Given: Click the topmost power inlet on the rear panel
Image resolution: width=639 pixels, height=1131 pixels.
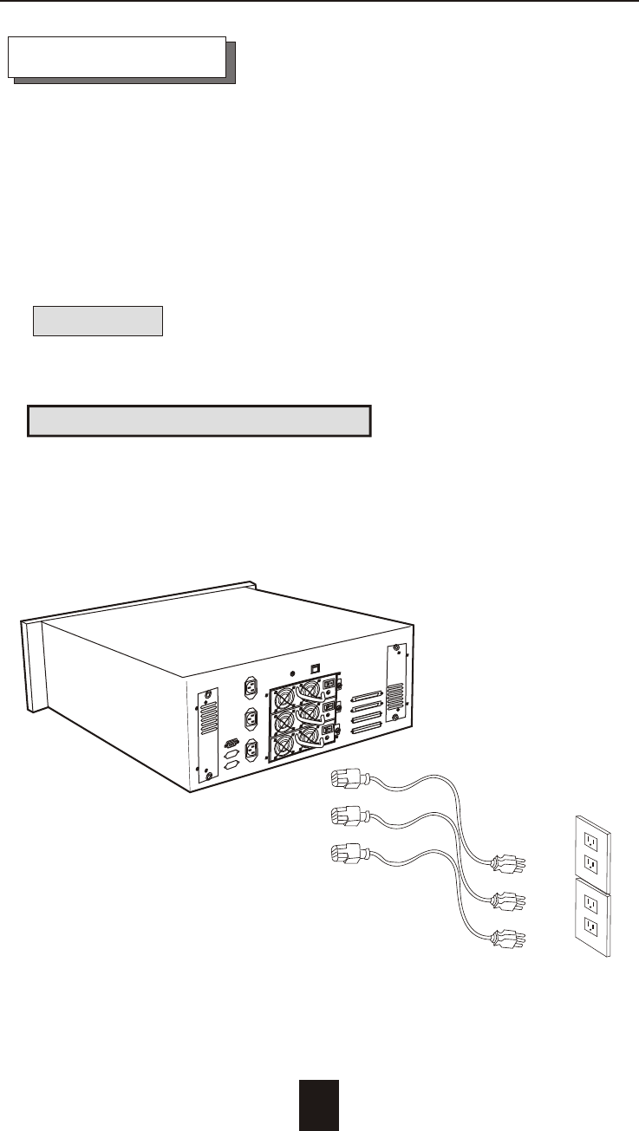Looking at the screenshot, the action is point(251,690).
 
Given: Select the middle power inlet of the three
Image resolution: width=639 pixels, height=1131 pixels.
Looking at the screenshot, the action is point(251,719).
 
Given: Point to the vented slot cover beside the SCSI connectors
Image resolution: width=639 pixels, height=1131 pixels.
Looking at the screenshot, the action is point(395,685).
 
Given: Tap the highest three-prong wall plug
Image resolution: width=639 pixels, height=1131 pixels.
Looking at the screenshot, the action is point(507,862).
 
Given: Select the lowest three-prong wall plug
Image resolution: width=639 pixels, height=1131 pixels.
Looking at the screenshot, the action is point(507,936).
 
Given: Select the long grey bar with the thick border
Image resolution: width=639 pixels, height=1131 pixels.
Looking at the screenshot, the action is point(199,420).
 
